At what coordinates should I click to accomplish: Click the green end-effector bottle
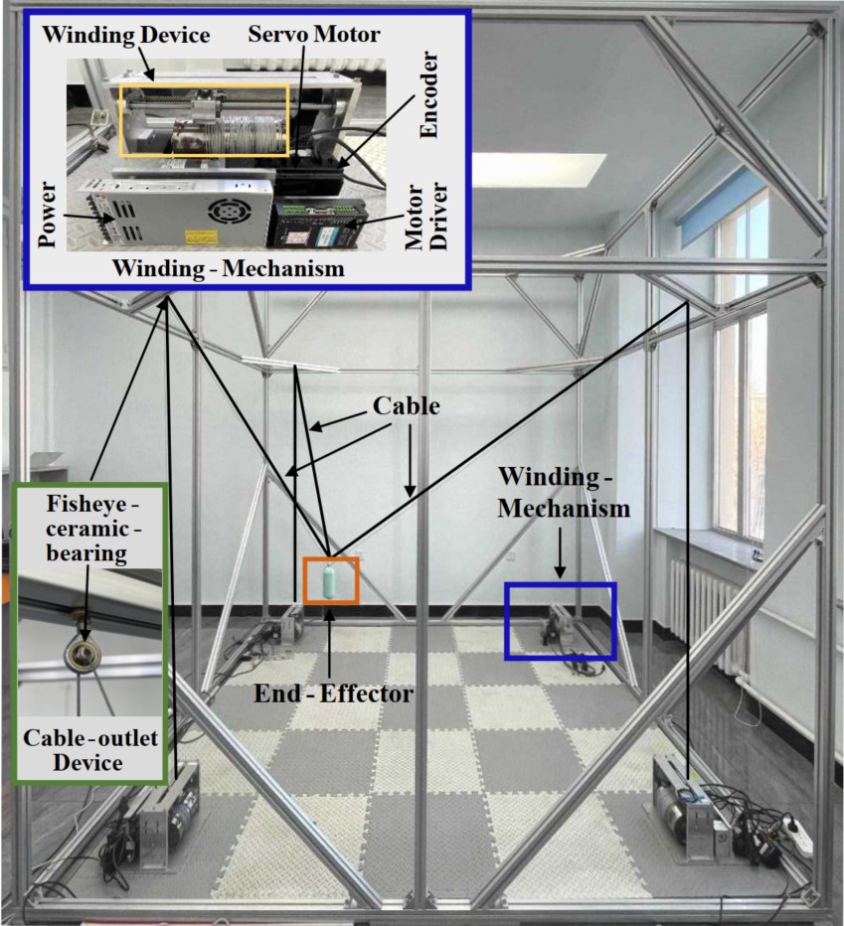click(331, 580)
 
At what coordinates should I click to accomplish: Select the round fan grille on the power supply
click(220, 211)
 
